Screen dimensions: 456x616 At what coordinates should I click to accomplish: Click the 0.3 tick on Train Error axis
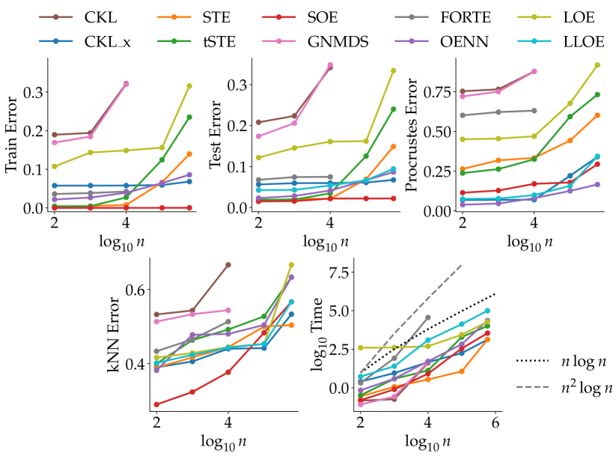click(x=33, y=91)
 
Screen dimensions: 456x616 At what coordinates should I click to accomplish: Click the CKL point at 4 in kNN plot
click(x=228, y=264)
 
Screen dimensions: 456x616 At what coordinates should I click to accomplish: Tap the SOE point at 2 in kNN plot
click(x=156, y=404)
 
